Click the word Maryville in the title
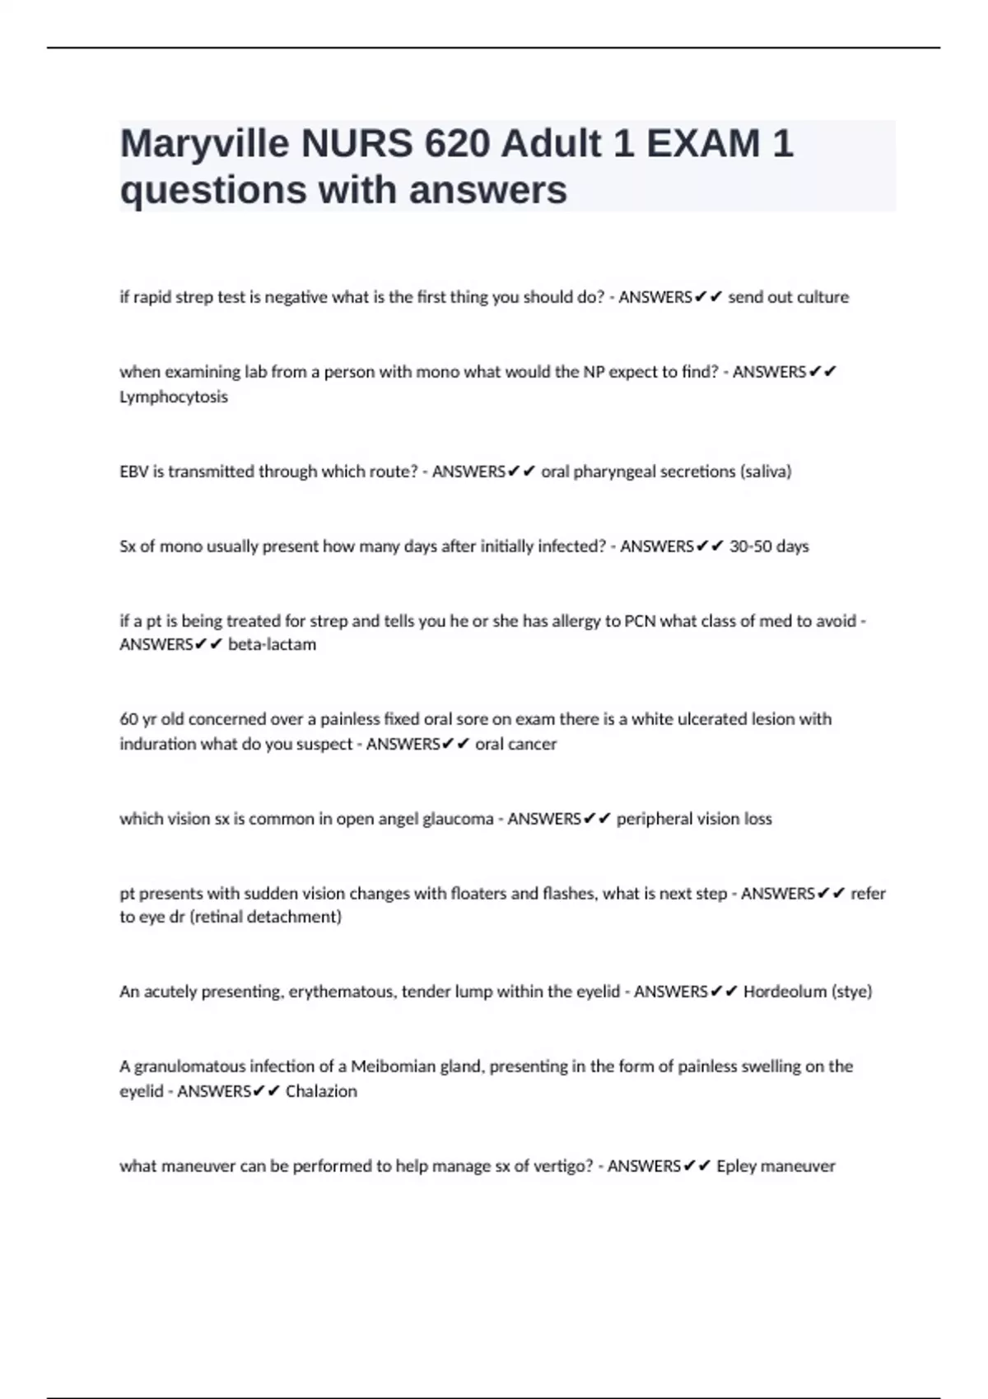(204, 145)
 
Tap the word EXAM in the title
(703, 145)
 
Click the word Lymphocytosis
(174, 397)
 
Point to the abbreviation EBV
(133, 472)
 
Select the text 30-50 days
(769, 546)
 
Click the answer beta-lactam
(272, 644)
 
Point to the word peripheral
(654, 819)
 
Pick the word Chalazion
(321, 1091)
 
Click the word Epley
(736, 1166)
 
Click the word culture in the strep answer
(823, 297)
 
